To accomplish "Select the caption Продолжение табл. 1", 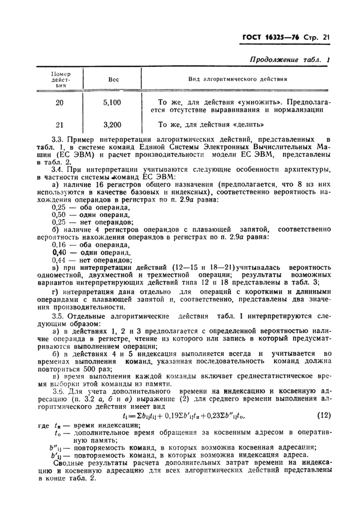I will coord(290,60).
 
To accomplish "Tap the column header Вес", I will coord(113,79).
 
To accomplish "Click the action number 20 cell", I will coord(60,102).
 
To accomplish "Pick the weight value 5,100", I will coord(112,102).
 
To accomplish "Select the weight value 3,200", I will coord(112,124).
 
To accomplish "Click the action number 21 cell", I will coord(60,124).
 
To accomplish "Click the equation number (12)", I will coord(321,416).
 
